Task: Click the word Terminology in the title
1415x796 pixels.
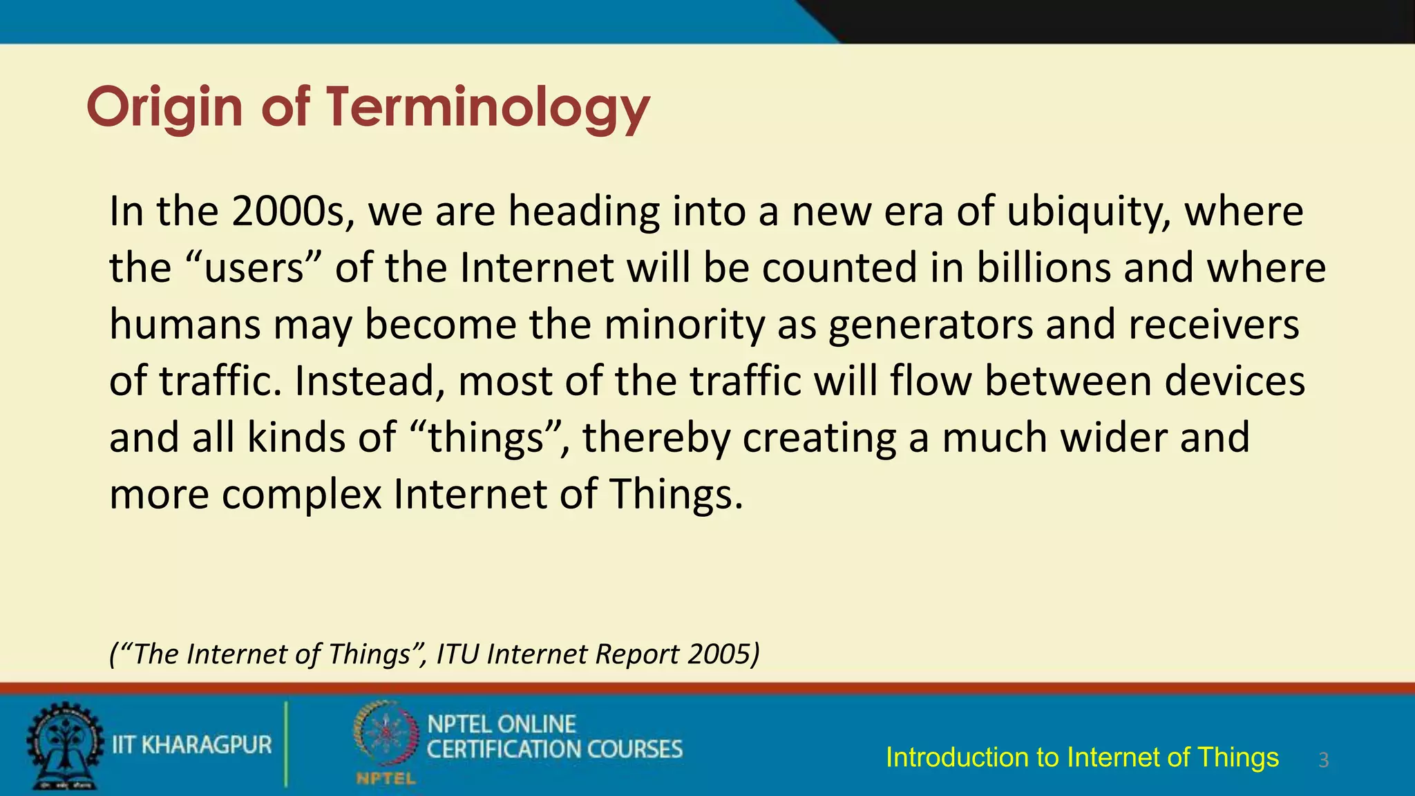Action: click(488, 107)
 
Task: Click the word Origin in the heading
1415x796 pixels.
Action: click(164, 107)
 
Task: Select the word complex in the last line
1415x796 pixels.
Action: click(301, 495)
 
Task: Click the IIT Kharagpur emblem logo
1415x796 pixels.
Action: click(64, 746)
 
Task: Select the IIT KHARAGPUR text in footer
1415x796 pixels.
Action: click(192, 745)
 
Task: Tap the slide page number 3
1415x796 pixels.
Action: click(1323, 760)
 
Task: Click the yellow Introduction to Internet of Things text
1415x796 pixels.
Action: click(1082, 757)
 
